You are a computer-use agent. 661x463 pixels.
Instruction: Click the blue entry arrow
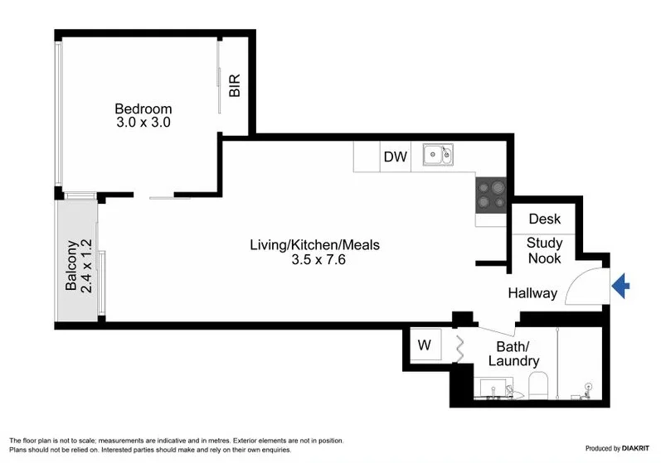[621, 287]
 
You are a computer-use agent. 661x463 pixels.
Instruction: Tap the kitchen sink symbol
[436, 155]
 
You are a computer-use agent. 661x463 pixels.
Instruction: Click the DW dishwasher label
[395, 157]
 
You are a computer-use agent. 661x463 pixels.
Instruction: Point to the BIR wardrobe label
[235, 86]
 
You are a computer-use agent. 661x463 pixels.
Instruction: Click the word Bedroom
[143, 109]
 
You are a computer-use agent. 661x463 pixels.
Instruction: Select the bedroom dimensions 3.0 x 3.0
[143, 123]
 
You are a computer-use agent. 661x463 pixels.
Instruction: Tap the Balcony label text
[71, 266]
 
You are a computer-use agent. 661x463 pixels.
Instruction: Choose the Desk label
[545, 219]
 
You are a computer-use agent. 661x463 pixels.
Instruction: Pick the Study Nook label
[545, 251]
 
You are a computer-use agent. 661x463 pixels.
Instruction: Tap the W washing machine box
[425, 345]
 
